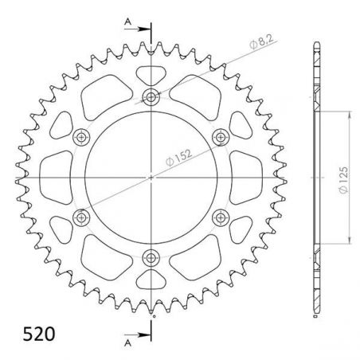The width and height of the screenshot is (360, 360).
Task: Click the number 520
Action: [29, 332]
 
